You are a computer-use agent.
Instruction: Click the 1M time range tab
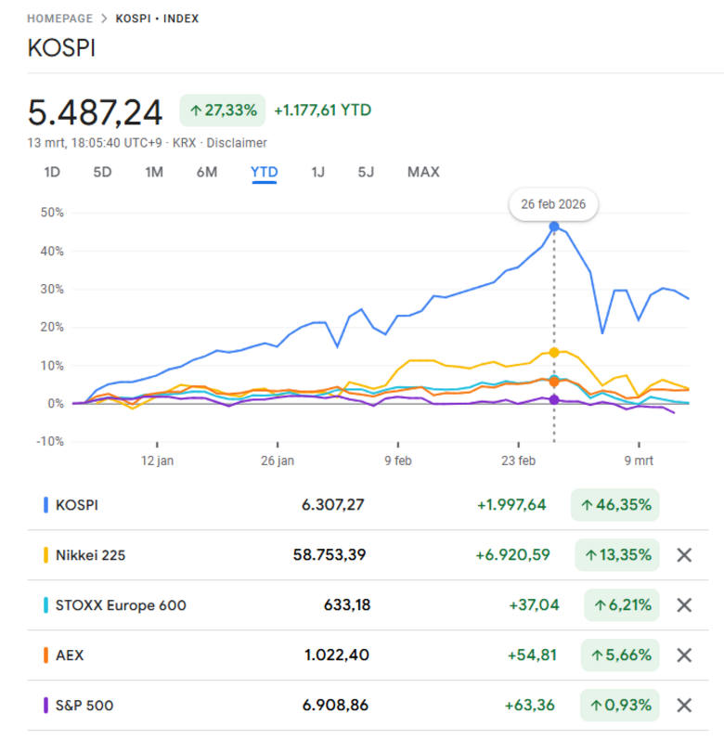pos(154,172)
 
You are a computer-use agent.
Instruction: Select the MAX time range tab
pos(423,172)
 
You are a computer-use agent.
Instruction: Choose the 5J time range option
pos(366,172)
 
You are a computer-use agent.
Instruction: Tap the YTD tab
pos(264,172)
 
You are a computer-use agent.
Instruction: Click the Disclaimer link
pos(237,143)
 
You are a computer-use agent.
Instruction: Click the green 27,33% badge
pos(222,110)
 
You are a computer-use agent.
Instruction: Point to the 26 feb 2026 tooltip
pos(553,204)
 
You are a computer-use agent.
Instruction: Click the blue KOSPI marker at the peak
pos(554,227)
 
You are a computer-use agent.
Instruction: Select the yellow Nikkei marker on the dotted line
pos(554,353)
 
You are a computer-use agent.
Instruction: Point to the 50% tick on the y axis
pos(51,213)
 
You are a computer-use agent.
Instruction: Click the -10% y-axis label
pos(49,441)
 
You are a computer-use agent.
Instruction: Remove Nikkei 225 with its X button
pos(684,555)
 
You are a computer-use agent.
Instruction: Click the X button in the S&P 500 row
pos(684,706)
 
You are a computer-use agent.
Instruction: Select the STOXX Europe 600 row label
pos(122,605)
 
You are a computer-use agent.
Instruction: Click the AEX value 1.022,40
pos(336,656)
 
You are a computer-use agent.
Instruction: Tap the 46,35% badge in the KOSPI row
pos(615,505)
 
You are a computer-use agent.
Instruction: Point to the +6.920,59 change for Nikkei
pos(511,555)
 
